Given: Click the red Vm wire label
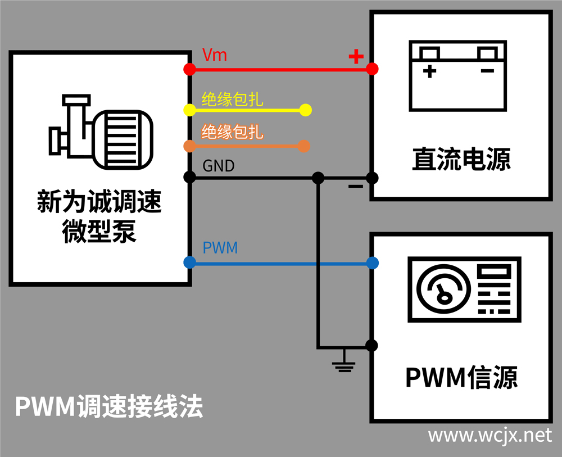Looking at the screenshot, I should click(214, 55).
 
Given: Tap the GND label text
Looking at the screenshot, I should click(218, 166).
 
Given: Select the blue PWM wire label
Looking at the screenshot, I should click(220, 247).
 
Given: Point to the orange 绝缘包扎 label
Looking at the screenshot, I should click(232, 133).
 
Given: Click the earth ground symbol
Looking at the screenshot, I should click(343, 365).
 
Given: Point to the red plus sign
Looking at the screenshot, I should click(356, 56).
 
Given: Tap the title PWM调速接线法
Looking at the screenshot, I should click(108, 406).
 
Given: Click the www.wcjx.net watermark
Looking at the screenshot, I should click(490, 435).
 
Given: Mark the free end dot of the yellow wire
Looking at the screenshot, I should click(305, 110).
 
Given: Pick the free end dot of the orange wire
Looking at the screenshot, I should click(304, 146).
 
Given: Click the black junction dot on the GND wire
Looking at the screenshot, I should click(318, 178).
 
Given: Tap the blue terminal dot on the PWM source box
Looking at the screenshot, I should click(371, 263).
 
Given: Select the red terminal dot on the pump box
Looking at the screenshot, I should click(190, 69).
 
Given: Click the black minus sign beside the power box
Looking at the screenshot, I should click(356, 186).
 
